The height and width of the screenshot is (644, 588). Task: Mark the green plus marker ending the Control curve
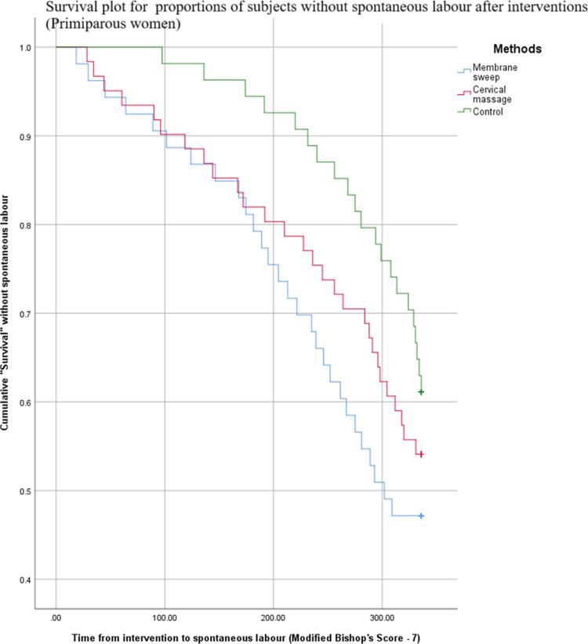pyautogui.click(x=421, y=391)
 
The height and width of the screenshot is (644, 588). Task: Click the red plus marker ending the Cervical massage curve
pyautogui.click(x=421, y=454)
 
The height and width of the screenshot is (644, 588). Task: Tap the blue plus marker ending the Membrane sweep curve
pyautogui.click(x=421, y=515)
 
